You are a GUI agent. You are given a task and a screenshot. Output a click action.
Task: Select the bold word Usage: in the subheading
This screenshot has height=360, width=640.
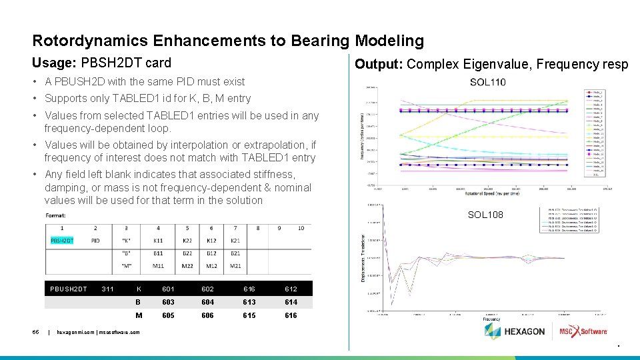[x=54, y=63]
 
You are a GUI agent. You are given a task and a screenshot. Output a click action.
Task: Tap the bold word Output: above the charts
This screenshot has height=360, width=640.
[x=379, y=64]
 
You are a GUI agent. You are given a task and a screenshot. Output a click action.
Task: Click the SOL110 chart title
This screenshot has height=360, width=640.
[x=487, y=82]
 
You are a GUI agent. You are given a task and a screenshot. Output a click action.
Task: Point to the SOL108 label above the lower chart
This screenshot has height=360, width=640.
[x=485, y=215]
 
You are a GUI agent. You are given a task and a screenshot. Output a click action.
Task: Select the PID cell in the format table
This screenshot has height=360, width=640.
[x=95, y=240]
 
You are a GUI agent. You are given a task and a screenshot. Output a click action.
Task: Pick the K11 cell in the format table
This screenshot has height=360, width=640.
[x=158, y=240]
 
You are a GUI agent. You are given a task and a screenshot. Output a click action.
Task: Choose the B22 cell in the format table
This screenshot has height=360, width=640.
[x=187, y=253]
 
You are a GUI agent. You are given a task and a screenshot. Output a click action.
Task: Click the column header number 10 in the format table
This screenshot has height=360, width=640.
[x=301, y=228]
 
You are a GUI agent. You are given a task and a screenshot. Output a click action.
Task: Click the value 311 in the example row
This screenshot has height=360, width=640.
[x=107, y=289]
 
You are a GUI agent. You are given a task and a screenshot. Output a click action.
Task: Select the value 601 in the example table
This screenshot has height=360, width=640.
[x=169, y=289]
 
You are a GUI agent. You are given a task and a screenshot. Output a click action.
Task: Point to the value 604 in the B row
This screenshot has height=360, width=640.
[x=208, y=302]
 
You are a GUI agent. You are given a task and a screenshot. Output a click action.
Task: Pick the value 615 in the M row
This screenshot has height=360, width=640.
[x=249, y=315]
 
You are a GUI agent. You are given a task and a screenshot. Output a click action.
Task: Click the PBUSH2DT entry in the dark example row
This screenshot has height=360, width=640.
[x=69, y=289]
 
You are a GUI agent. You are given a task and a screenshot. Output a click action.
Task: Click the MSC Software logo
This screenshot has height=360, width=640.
[x=583, y=331]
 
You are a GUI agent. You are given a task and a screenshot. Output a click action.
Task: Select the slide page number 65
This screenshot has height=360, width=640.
[x=37, y=331]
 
